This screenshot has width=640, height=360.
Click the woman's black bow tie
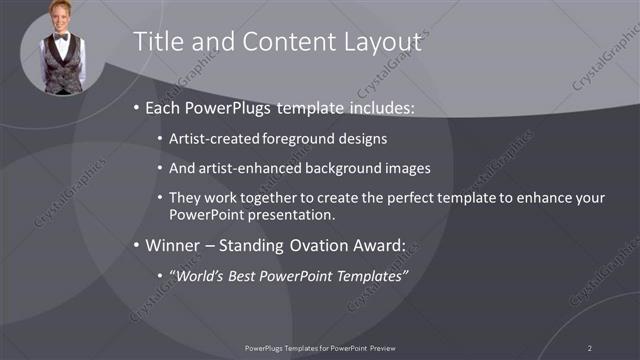[x=62, y=38]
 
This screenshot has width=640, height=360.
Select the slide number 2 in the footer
[x=590, y=347]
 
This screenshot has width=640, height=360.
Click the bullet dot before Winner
[x=136, y=246]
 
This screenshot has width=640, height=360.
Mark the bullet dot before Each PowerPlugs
[x=136, y=108]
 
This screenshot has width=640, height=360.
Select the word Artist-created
[x=216, y=139]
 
